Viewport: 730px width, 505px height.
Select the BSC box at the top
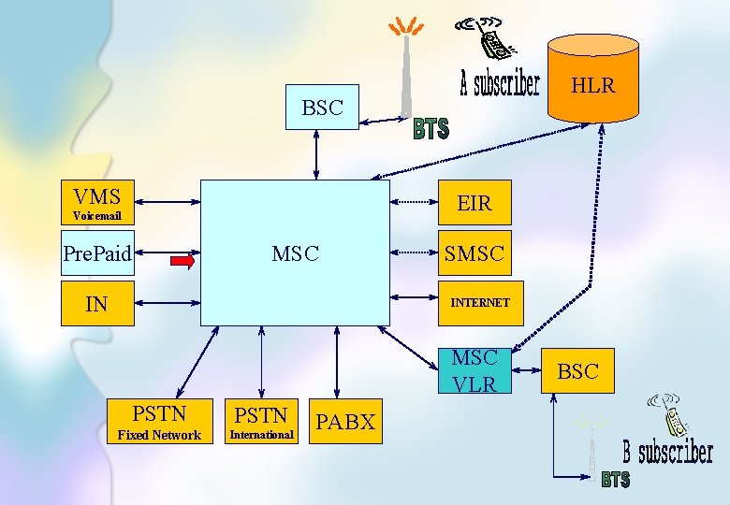322,108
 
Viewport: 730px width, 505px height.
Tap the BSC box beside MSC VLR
577,371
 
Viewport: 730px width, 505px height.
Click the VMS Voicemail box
97,203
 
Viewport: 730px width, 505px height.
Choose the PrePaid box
97,252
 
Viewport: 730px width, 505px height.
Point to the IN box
97,303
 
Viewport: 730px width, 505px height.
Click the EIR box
474,203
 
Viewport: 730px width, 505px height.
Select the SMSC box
474,252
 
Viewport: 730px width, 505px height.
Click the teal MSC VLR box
474,370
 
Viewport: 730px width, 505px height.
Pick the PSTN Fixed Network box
159,422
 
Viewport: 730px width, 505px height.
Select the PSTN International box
261,422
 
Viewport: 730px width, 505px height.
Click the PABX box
345,422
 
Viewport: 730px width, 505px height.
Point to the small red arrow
182,262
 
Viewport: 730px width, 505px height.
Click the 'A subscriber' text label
500,84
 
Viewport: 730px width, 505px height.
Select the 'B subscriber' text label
668,454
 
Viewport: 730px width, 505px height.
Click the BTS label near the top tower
431,129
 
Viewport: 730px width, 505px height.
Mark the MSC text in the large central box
295,253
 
